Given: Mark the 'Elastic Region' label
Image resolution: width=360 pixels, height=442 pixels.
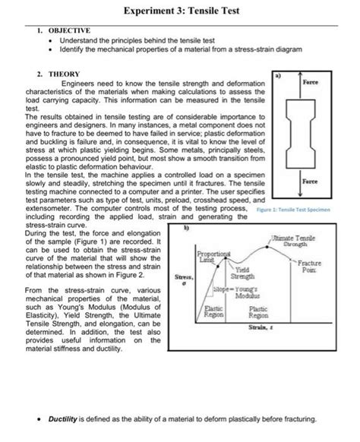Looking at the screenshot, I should pos(213,311).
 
